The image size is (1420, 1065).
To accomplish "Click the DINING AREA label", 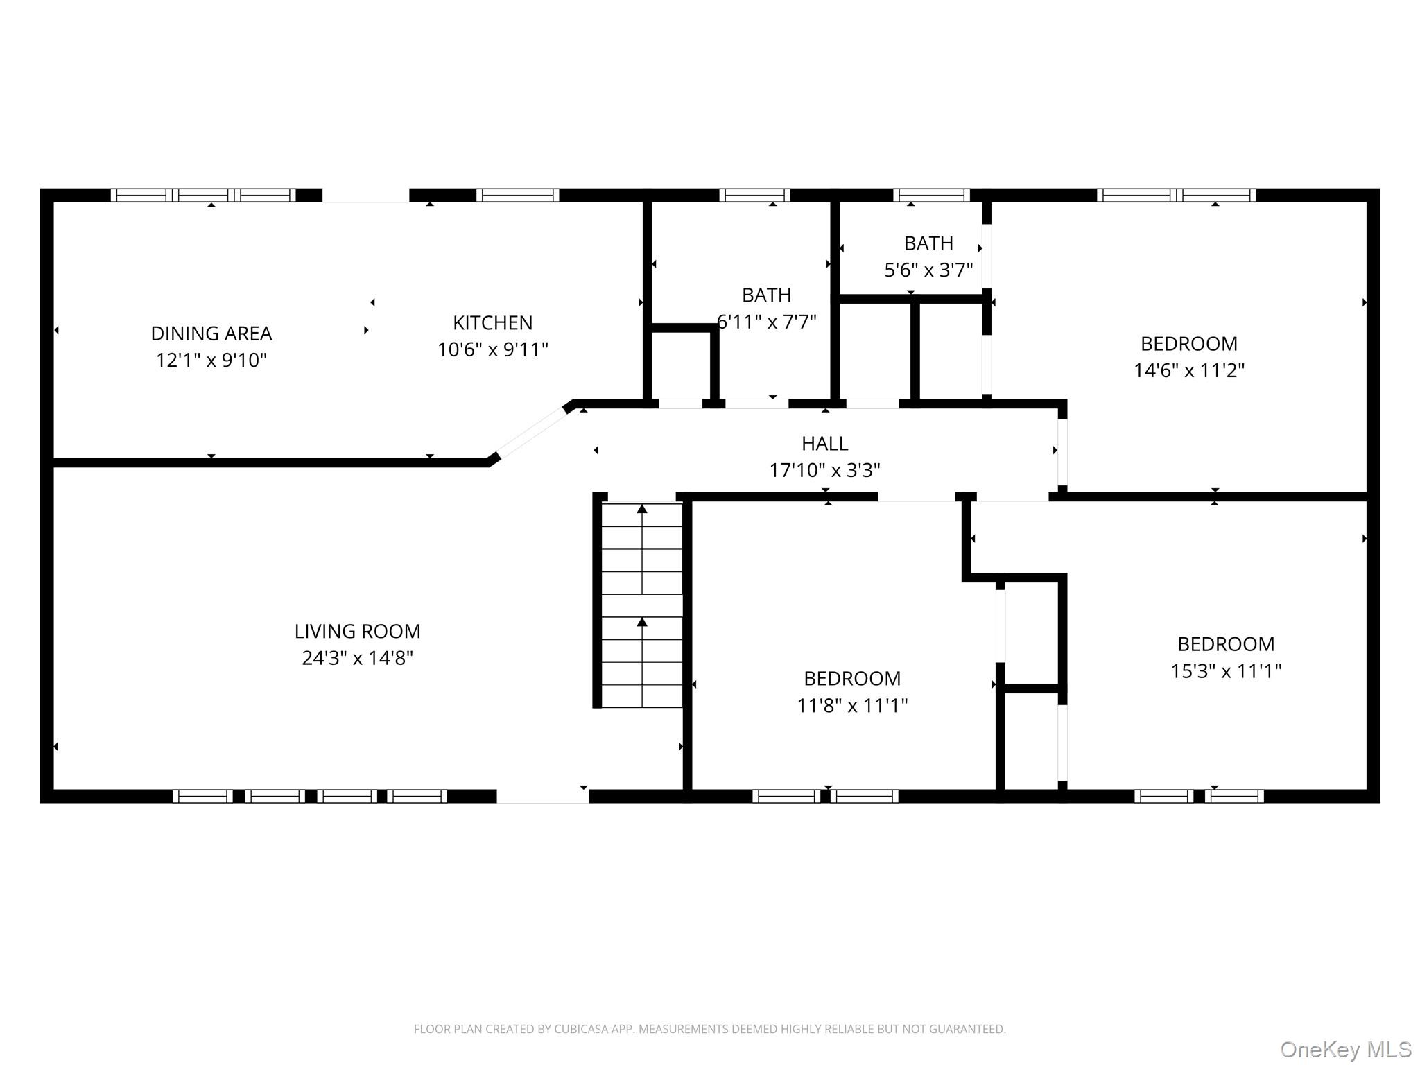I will click(211, 334).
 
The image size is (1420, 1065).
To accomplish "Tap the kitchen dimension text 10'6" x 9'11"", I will click(492, 349).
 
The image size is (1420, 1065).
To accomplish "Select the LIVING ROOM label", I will click(357, 631).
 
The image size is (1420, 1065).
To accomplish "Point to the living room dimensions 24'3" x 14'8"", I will click(357, 658).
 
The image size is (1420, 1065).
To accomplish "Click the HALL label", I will click(824, 443).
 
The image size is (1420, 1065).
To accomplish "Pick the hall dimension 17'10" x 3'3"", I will click(824, 471).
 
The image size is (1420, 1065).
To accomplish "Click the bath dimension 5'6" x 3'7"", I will click(928, 270).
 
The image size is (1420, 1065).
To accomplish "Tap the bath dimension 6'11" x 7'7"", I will click(767, 322).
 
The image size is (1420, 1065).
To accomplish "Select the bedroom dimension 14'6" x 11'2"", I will click(1189, 370).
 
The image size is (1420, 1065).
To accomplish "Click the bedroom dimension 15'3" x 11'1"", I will click(1226, 671).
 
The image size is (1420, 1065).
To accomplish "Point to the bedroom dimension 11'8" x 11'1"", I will click(852, 706).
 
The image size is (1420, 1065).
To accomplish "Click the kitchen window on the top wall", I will click(517, 195).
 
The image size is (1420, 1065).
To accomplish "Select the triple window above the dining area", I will click(203, 195).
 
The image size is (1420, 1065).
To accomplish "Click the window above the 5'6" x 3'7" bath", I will click(931, 195).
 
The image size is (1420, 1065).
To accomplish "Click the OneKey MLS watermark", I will click(1346, 1050).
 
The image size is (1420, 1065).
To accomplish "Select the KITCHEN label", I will click(492, 323).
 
